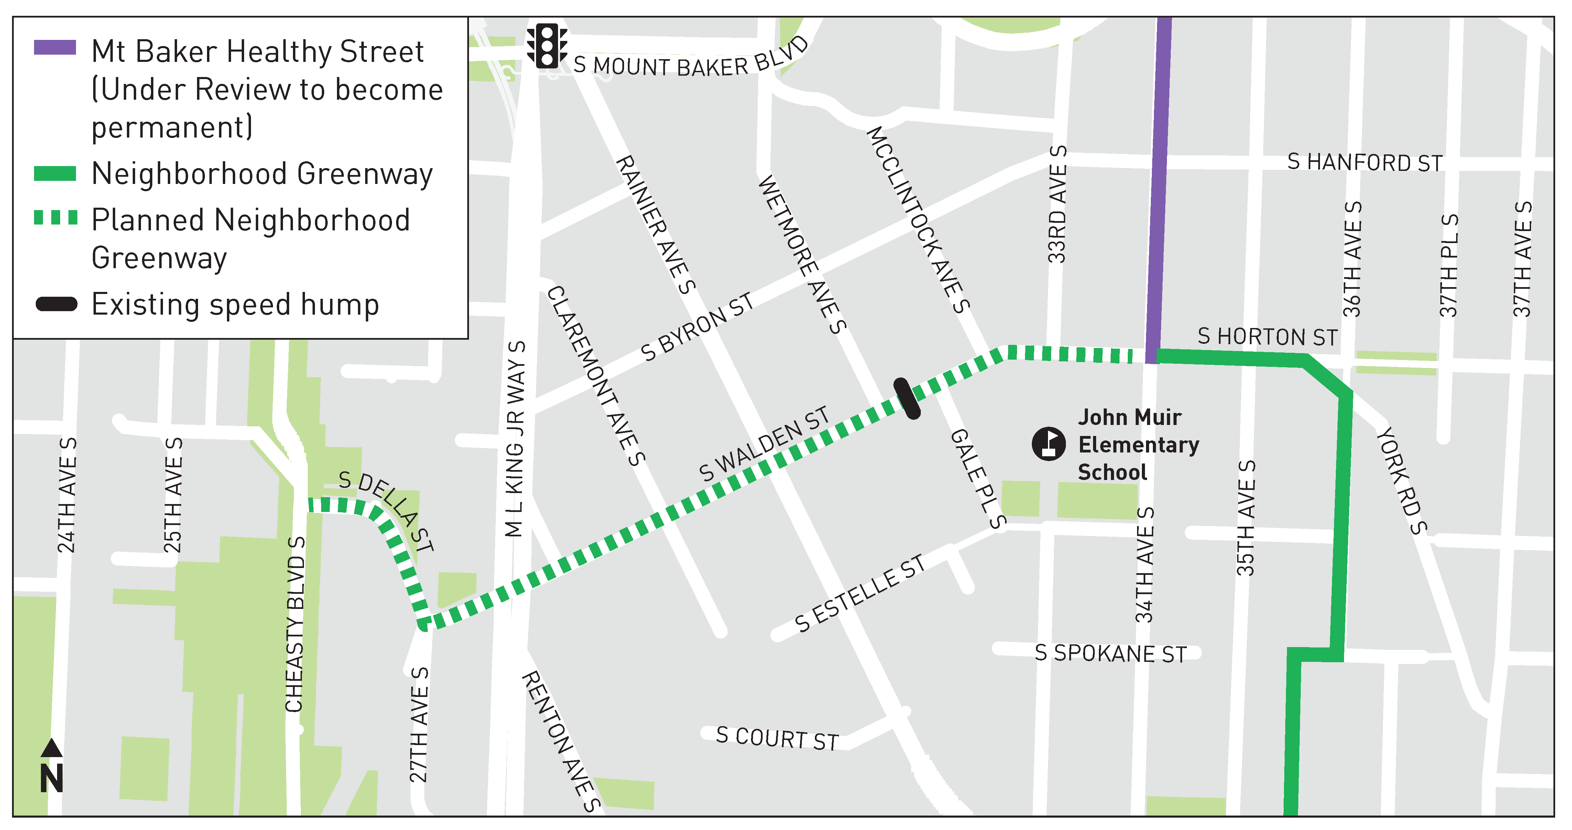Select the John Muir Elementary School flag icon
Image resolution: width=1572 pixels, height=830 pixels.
point(1048,444)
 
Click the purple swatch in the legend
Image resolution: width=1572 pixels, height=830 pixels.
point(55,47)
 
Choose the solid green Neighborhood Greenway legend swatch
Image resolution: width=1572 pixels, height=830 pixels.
point(55,174)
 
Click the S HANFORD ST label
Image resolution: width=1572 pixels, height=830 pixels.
point(1365,163)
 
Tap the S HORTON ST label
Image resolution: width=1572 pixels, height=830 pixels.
point(1267,337)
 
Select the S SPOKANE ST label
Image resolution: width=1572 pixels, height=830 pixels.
point(1111,654)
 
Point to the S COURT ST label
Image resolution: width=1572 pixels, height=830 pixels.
point(777,739)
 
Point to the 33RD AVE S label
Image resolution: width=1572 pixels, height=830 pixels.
point(1057,205)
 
